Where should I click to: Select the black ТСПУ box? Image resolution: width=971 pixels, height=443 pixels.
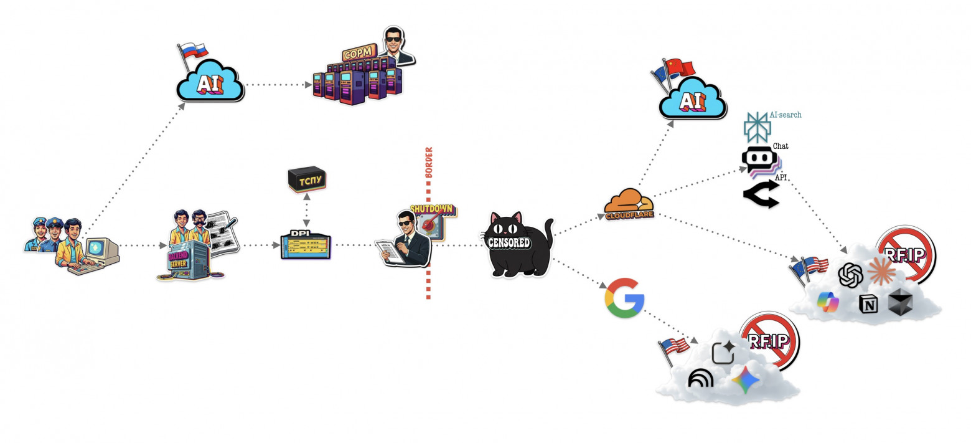(x=307, y=179)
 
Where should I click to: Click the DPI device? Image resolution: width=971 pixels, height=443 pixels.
(x=306, y=245)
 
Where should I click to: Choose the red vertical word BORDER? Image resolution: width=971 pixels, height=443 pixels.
(x=428, y=163)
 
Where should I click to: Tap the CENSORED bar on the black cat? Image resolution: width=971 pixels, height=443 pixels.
(x=509, y=242)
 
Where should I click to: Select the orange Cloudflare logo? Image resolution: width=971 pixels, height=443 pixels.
(x=629, y=205)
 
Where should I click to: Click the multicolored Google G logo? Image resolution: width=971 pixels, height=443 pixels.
(x=624, y=298)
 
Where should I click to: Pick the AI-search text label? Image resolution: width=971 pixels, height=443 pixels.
(x=786, y=115)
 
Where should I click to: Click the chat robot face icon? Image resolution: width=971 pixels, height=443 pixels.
(x=758, y=161)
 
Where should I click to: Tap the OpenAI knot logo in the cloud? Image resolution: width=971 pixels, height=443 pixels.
(x=850, y=275)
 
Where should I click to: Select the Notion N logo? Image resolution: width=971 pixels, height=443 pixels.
(x=868, y=303)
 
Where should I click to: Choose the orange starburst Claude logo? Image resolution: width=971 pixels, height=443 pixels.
(x=881, y=272)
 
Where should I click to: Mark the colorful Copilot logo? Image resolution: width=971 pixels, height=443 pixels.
(x=828, y=303)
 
